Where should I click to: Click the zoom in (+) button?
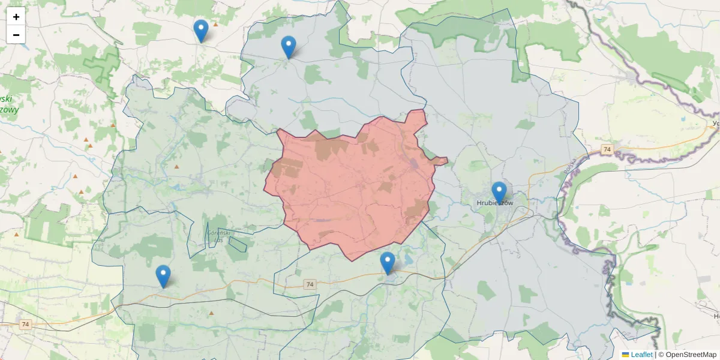tap(16, 17)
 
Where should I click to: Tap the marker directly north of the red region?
tap(289, 47)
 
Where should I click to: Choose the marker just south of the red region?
tap(388, 263)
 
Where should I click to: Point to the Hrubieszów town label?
tap(495, 203)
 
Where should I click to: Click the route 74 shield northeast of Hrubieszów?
tap(607, 149)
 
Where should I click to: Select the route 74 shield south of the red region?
tap(310, 284)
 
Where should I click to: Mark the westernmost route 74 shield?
tap(25, 325)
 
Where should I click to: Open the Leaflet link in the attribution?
tap(641, 355)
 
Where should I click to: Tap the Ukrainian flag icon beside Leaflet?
tap(626, 355)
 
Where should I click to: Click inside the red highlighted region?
tap(354, 186)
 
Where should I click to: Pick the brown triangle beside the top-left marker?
tap(215, 24)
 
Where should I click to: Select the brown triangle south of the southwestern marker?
tap(211, 313)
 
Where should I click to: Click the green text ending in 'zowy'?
tap(8, 110)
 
